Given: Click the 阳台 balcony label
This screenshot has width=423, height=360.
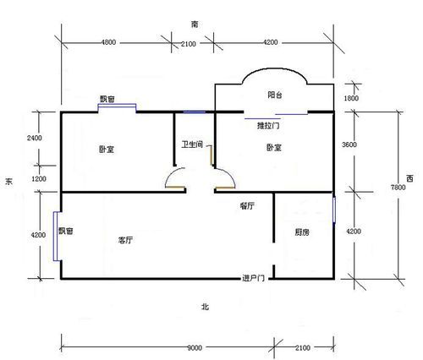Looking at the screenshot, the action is pyautogui.click(x=275, y=95).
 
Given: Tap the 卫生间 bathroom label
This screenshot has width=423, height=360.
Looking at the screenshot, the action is pyautogui.click(x=192, y=145).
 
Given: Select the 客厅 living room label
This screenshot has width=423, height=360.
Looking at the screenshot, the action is pyautogui.click(x=125, y=240).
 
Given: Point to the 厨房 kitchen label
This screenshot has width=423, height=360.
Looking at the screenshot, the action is pyautogui.click(x=302, y=232).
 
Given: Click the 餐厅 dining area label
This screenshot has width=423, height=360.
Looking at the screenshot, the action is pyautogui.click(x=247, y=206).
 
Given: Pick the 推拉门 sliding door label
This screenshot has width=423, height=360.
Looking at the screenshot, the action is pyautogui.click(x=268, y=125).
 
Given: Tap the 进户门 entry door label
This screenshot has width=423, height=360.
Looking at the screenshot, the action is pyautogui.click(x=253, y=278).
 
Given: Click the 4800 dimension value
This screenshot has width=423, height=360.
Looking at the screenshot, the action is pyautogui.click(x=108, y=42).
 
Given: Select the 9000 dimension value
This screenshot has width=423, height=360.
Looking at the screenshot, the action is pyautogui.click(x=195, y=348).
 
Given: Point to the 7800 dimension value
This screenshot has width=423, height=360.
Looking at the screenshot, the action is pyautogui.click(x=398, y=188).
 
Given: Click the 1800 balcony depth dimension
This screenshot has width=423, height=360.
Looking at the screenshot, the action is pyautogui.click(x=351, y=98).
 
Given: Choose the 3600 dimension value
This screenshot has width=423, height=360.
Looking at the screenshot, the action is pyautogui.click(x=349, y=145).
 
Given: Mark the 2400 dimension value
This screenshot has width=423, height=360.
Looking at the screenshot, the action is pyautogui.click(x=35, y=138).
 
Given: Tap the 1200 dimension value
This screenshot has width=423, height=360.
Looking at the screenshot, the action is pyautogui.click(x=39, y=179).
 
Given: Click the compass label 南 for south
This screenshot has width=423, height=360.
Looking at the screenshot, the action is pyautogui.click(x=195, y=25).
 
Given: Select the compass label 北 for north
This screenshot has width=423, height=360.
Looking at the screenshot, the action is pyautogui.click(x=205, y=307).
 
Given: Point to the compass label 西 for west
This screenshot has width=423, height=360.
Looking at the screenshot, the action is pyautogui.click(x=409, y=178).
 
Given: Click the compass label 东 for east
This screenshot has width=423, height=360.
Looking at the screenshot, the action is pyautogui.click(x=8, y=182).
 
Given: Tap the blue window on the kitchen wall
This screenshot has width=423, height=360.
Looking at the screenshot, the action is pyautogui.click(x=334, y=210).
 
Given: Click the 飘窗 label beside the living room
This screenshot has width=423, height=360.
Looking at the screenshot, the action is pyautogui.click(x=66, y=231).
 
